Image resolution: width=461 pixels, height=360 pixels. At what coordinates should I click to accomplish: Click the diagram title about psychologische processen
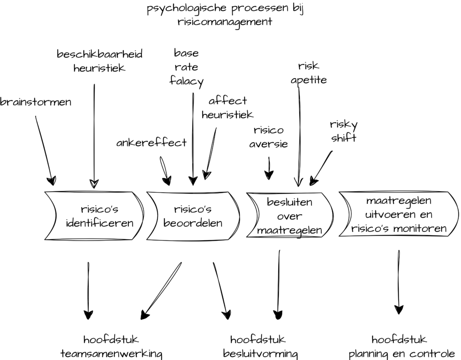pos(225,15)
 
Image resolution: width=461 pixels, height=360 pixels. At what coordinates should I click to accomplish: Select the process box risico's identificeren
pos(94,216)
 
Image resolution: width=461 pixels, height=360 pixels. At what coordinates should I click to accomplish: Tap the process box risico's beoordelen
pos(193,216)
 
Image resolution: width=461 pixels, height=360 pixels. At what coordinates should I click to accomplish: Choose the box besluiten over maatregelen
pos(289,215)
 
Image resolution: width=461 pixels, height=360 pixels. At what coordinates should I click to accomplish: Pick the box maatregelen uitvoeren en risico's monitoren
pos(399,214)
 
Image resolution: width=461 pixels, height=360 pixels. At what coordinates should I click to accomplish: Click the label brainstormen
pos(36,102)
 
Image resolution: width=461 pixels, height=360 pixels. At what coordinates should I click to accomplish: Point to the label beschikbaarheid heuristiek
pos(99,61)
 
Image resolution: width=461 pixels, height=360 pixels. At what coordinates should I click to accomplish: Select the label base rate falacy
pos(186,67)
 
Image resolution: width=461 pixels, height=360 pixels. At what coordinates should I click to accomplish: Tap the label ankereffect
pos(151,143)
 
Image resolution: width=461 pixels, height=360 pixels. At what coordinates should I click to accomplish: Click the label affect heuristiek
pos(227,108)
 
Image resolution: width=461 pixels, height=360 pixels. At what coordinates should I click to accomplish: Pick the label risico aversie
pos(268,137)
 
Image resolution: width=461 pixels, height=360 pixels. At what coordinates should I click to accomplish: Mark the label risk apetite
pos(309,73)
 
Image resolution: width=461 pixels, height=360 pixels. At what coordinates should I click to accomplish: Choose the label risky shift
pos(343,131)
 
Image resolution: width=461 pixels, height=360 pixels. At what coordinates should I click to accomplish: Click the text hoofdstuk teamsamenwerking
pos(111,347)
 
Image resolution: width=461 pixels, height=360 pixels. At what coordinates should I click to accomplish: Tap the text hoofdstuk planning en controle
pos(402,347)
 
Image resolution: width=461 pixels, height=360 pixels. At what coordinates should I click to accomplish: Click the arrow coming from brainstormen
pos(45,150)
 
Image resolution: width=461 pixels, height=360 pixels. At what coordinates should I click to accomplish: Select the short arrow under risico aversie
pos(269,168)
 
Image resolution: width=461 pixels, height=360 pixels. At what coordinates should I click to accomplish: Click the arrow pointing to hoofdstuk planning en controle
pos(399,282)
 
